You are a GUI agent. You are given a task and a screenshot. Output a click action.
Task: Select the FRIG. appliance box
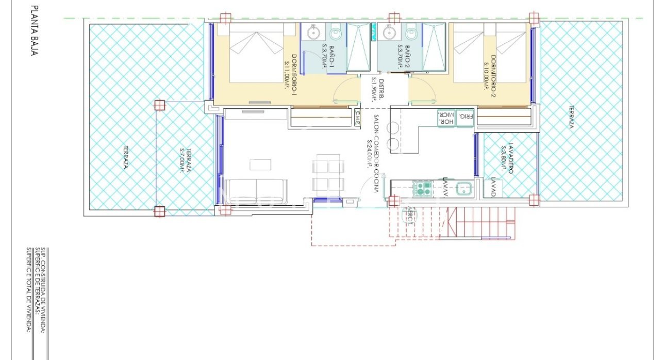[x=465, y=119]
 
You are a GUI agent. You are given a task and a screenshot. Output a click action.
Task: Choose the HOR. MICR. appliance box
[x=445, y=119]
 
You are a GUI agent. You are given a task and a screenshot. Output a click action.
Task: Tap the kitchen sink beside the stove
[x=464, y=188]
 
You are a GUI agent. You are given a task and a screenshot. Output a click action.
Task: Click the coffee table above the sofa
[x=260, y=165]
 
